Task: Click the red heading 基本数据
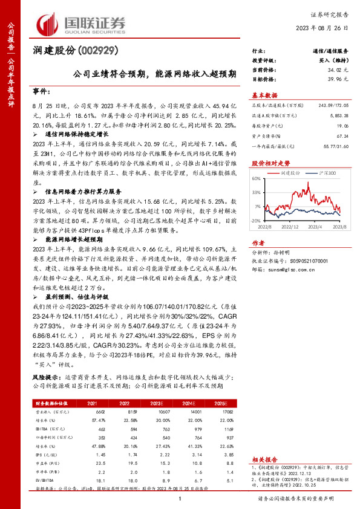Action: point(264,96)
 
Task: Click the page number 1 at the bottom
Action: point(180,498)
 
